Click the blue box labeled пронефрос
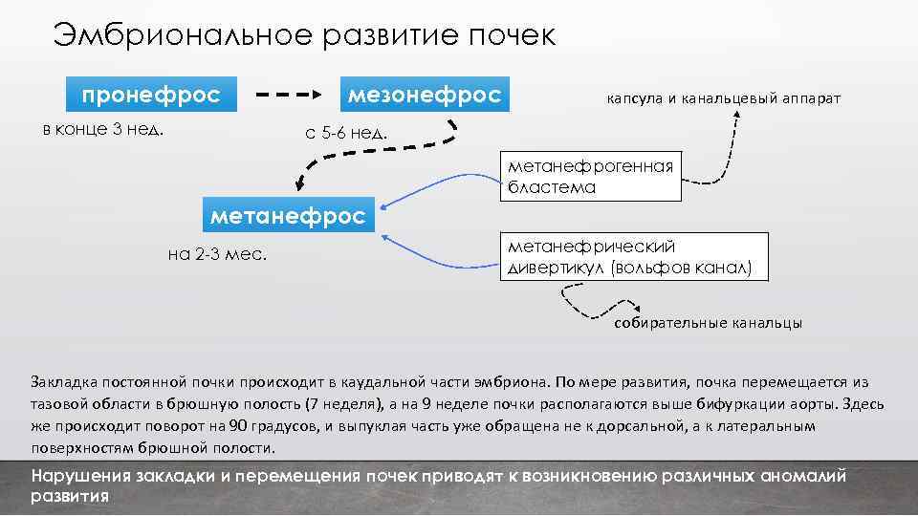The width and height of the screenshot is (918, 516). point(151,96)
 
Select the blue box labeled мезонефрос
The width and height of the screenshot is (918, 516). point(424,96)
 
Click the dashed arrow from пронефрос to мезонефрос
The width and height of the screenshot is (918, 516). point(288,96)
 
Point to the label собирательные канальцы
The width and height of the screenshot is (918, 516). point(708,323)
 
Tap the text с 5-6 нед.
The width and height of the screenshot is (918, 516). point(346,132)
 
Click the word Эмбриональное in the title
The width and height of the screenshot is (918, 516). point(182,35)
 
